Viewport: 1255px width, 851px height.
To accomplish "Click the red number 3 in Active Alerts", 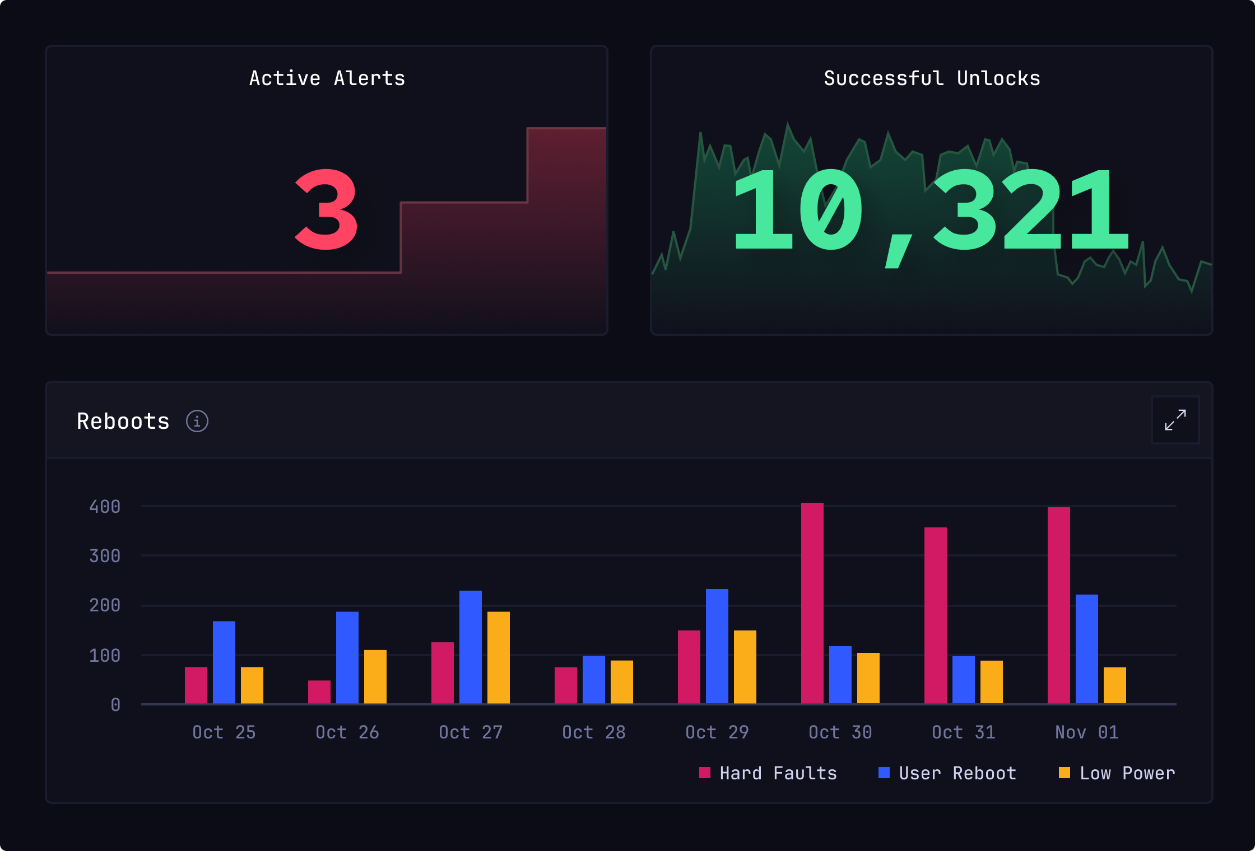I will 326,210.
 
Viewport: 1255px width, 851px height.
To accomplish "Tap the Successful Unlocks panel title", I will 932,78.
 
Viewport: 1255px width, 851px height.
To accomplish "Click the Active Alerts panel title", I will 327,78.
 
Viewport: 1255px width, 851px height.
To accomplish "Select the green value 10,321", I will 930,212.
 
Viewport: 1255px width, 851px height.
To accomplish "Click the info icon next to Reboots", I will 197,421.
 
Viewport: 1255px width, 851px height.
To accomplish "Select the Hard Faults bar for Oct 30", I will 812,603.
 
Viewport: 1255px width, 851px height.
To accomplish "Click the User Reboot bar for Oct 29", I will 717,646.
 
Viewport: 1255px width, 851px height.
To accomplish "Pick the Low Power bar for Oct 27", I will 498,657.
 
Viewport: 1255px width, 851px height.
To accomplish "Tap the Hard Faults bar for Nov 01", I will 1058,605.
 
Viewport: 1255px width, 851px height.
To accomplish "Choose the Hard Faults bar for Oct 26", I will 319,692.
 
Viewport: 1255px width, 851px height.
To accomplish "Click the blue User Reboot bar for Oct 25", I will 224,662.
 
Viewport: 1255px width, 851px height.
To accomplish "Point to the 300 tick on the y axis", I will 105,556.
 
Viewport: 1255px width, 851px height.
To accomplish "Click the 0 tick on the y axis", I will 115,704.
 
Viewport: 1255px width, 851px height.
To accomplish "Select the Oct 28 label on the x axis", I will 594,732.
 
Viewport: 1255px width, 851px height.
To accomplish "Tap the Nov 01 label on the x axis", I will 1087,732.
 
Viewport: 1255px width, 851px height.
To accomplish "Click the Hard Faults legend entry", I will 769,773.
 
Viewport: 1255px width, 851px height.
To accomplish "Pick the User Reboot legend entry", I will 948,773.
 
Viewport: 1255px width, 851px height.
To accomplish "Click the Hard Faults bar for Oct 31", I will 935,615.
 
